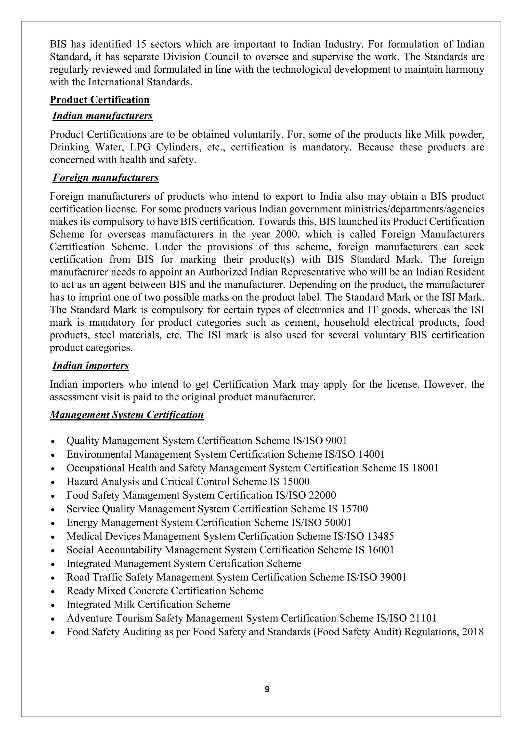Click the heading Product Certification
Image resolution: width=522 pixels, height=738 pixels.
100,100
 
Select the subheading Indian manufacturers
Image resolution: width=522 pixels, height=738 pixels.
102,115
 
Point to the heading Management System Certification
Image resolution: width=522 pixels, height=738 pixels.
127,415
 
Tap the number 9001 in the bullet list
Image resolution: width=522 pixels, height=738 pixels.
336,440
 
